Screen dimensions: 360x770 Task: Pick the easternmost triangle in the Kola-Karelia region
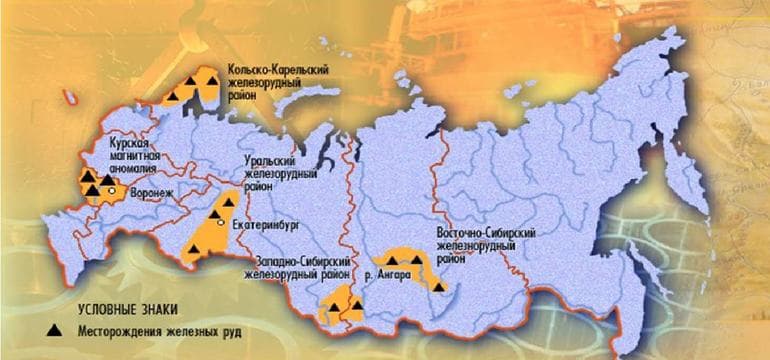212,83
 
